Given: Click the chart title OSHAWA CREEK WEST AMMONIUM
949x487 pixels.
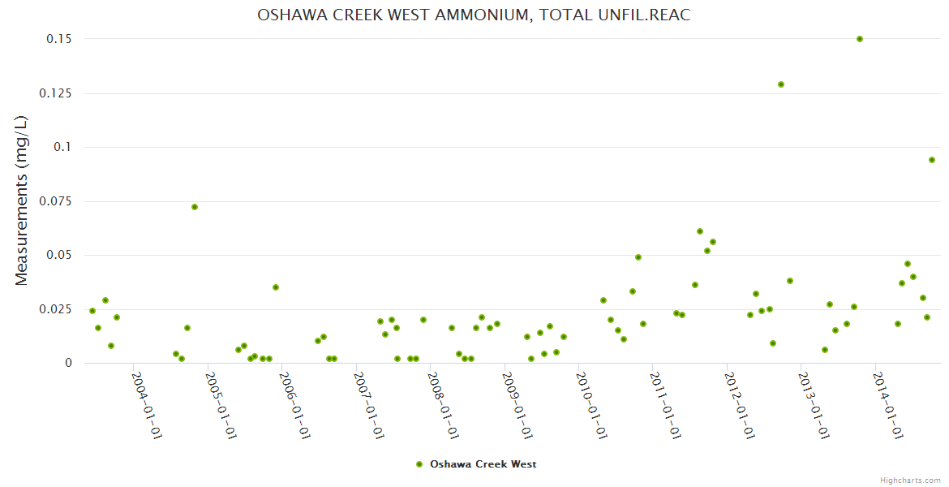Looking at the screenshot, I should click(474, 15).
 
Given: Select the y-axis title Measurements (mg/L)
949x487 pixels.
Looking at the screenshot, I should click(22, 200).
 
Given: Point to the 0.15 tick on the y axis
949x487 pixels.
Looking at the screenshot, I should click(56, 39).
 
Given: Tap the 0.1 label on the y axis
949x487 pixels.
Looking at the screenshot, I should click(62, 147).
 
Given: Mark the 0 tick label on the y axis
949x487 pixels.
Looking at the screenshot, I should click(68, 363).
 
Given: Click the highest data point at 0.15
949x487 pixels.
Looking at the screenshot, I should click(860, 39).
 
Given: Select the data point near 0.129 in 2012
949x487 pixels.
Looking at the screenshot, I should click(781, 84).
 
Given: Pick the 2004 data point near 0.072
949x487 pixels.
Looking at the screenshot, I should click(195, 207).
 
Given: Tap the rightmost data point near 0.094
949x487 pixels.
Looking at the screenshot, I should click(932, 160).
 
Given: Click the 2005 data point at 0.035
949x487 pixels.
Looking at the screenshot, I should click(276, 287).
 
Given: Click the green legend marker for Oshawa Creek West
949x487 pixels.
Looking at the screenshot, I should click(419, 464).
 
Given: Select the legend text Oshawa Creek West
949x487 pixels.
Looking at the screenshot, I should click(483, 464).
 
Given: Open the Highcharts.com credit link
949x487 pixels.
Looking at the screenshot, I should click(910, 481).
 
